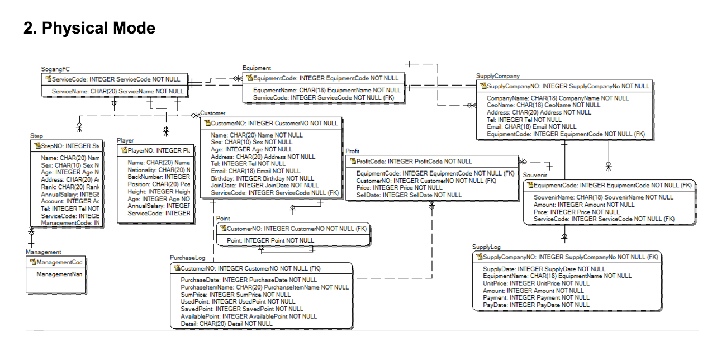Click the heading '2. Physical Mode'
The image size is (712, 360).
point(89,27)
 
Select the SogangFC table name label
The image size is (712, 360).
point(55,69)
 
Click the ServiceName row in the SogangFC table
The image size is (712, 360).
point(117,91)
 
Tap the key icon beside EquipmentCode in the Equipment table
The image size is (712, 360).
point(249,78)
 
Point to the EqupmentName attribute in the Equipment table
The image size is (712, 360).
point(326,90)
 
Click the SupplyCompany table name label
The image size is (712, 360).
point(497,76)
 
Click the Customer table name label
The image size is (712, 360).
point(213,113)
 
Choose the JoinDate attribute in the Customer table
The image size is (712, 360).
point(264,186)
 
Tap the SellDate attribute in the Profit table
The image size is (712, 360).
point(409,195)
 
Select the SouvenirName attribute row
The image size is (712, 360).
point(603,197)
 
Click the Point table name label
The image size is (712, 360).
point(223,219)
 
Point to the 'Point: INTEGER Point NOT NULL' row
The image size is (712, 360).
point(270,240)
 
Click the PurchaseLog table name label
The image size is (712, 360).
point(188,258)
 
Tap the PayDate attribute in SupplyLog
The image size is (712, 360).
point(535,305)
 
